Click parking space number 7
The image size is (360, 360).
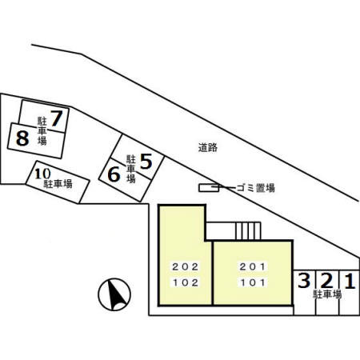(57, 118)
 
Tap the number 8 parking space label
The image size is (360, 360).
(22, 138)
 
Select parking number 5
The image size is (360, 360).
(146, 162)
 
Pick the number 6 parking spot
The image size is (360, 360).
(114, 174)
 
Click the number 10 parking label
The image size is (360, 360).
(42, 174)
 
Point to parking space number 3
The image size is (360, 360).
(304, 280)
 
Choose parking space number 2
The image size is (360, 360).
(327, 280)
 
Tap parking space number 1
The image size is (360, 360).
(350, 281)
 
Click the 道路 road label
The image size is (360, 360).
(208, 147)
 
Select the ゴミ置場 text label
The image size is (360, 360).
(255, 188)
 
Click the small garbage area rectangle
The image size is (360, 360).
(209, 188)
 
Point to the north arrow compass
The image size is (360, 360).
(114, 294)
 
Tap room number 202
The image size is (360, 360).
(186, 266)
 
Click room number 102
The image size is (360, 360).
(186, 282)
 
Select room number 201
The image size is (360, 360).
(253, 266)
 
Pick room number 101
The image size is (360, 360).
(253, 282)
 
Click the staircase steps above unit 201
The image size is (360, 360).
(248, 231)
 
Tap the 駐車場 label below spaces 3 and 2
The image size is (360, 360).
(327, 294)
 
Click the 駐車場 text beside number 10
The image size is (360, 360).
(58, 184)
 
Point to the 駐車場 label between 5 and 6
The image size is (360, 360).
(131, 169)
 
